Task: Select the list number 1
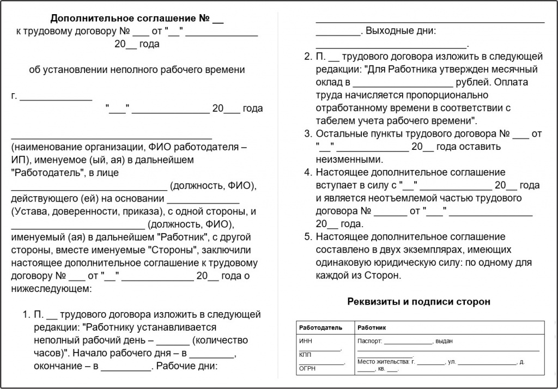pyautogui.click(x=25, y=314)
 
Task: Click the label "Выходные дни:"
pyautogui.click(x=401, y=31)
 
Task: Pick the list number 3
pyautogui.click(x=307, y=134)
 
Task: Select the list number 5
pyautogui.click(x=307, y=237)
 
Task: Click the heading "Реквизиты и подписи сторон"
pyautogui.click(x=418, y=301)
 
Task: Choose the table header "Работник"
pyautogui.click(x=372, y=328)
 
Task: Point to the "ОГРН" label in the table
pyautogui.click(x=308, y=368)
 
